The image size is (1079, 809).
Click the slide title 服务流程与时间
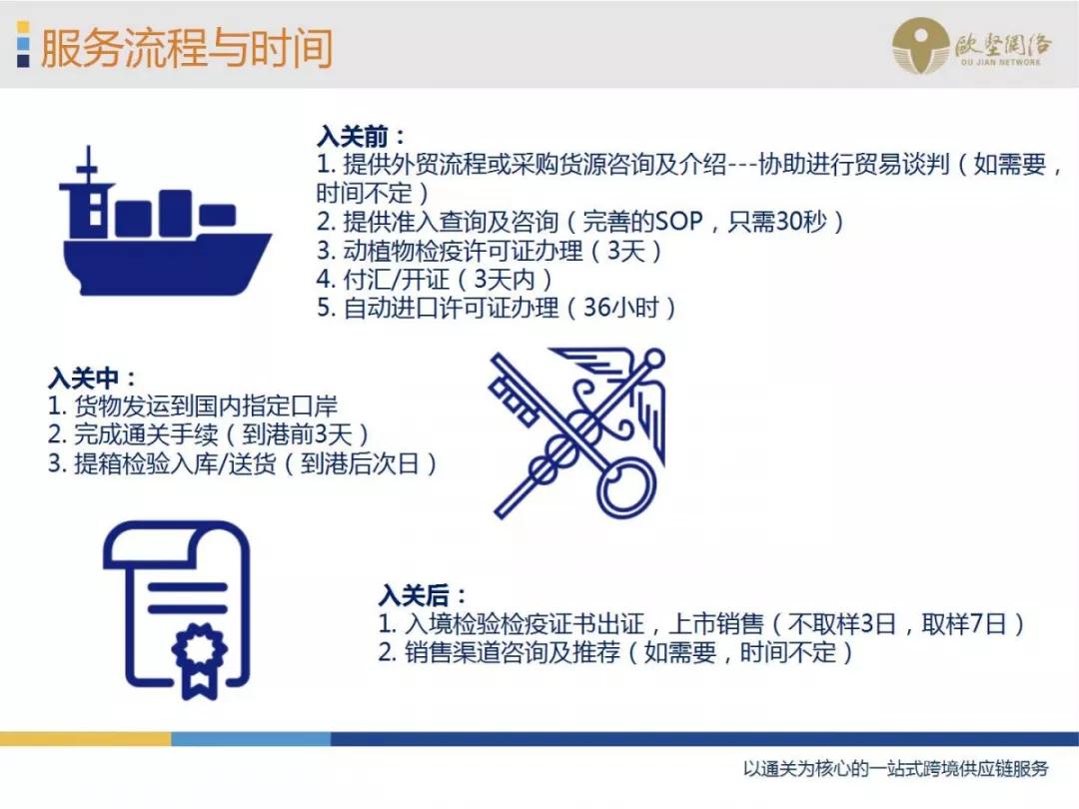(185, 48)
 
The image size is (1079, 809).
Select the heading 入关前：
(362, 137)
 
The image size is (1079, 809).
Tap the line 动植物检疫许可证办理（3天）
(490, 251)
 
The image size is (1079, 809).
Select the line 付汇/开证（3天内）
(435, 280)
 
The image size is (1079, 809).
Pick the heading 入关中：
(92, 379)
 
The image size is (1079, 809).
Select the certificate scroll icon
(178, 610)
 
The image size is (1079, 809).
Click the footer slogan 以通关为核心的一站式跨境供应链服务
(896, 769)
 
